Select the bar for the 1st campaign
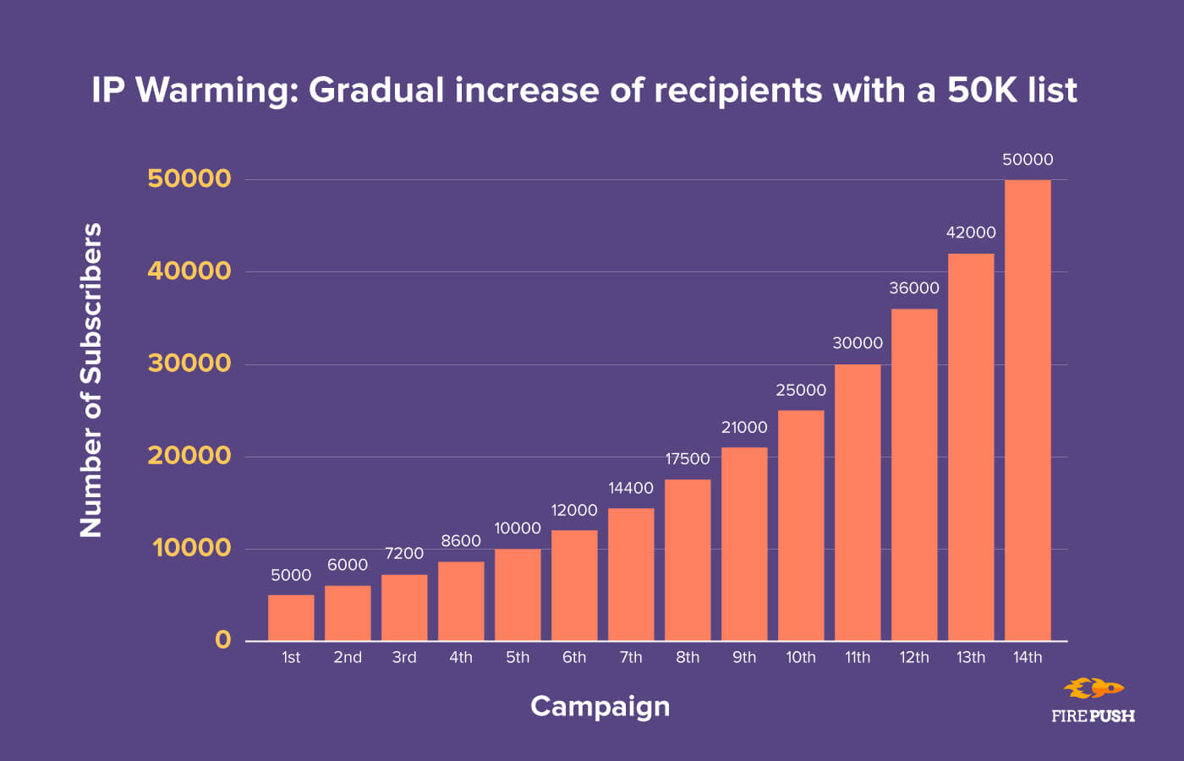click(x=291, y=618)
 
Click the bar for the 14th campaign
click(x=1028, y=410)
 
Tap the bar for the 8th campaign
click(x=688, y=560)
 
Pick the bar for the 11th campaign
click(x=858, y=502)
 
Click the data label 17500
click(x=688, y=459)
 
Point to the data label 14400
click(x=631, y=488)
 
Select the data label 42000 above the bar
click(x=971, y=233)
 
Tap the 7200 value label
click(x=404, y=554)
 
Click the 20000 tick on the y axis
click(x=189, y=456)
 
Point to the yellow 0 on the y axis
click(x=222, y=640)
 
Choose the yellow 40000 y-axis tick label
click(x=189, y=271)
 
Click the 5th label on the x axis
click(x=518, y=658)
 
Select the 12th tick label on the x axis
click(x=914, y=658)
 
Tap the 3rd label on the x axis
click(x=404, y=658)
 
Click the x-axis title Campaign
click(x=600, y=706)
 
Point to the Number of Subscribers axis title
click(x=90, y=380)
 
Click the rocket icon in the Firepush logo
click(x=1094, y=688)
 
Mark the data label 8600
click(x=461, y=541)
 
